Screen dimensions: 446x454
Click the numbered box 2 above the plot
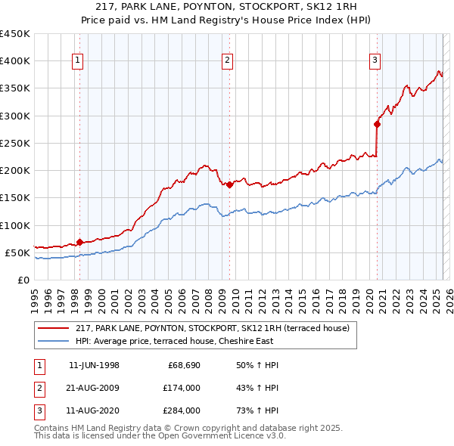coord(227,61)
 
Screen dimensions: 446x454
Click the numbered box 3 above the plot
coord(375,61)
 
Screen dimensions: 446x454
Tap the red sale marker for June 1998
coord(79,242)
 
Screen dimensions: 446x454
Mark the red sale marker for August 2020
coord(377,124)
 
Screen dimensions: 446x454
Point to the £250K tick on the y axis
coord(15,143)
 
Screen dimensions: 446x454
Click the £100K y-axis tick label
coord(15,225)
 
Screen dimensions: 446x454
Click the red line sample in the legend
coord(54,328)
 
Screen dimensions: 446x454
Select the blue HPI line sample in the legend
coord(54,341)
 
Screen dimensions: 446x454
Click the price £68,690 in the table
coord(184,365)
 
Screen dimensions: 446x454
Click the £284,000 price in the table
coord(182,412)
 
